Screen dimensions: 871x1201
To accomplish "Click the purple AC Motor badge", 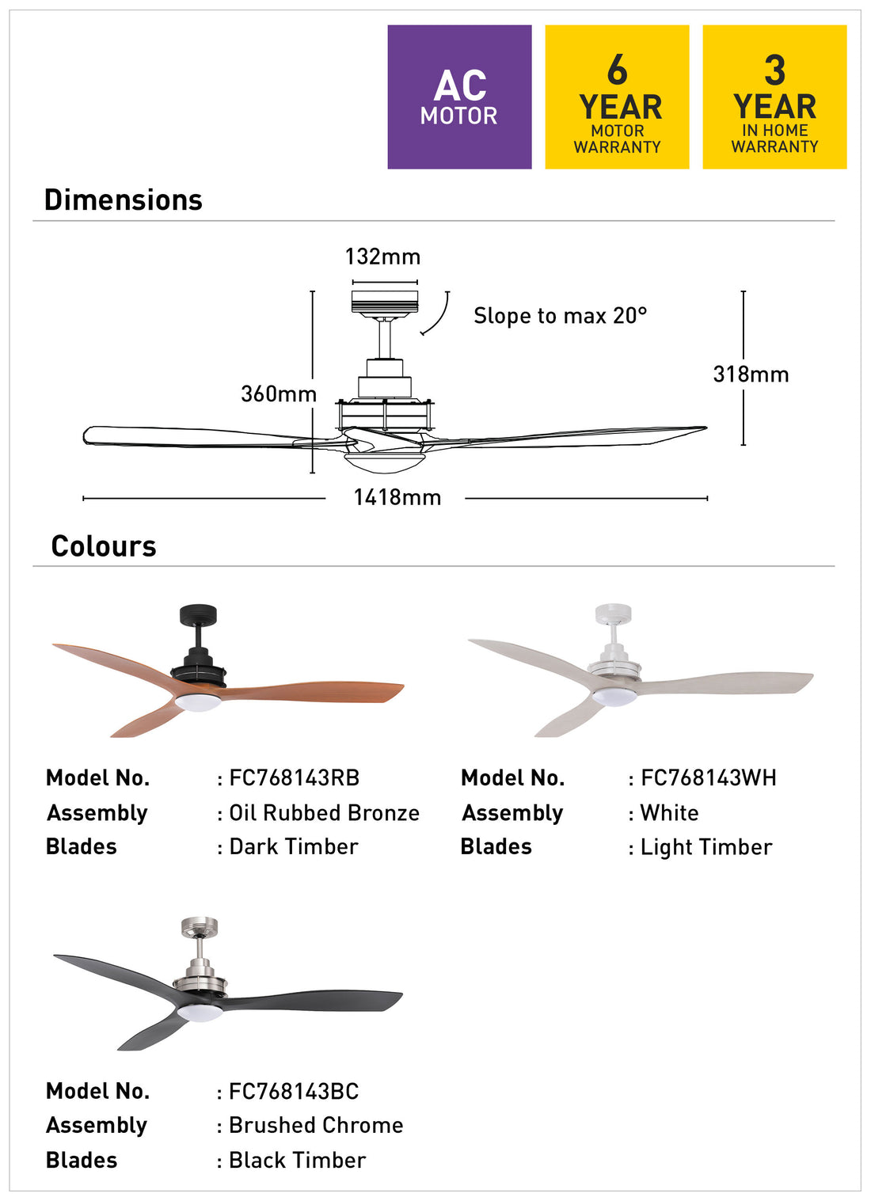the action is point(459,97).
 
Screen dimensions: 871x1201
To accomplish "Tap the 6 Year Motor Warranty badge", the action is point(618,97).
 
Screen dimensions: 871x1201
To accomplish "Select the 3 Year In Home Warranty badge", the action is point(775,97).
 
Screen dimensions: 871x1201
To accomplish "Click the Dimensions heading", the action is point(124,200).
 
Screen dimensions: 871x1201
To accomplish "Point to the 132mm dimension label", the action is point(383,257).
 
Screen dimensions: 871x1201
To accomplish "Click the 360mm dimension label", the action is point(279,394).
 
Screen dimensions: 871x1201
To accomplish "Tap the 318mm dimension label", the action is point(751,374).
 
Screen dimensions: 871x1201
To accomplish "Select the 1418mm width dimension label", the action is point(397,497).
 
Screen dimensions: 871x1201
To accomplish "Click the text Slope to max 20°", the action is point(561,316).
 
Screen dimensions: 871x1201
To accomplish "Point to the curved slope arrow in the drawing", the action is point(439,317).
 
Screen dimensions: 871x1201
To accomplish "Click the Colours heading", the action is point(104,546).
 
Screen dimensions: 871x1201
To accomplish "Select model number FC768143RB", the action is point(295,778).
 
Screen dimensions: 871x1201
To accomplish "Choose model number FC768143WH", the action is point(709,778).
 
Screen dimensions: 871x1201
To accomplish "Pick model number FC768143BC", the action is point(294,1092).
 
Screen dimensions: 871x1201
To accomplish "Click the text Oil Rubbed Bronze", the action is point(325,813).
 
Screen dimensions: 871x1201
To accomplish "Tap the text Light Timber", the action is point(706,848).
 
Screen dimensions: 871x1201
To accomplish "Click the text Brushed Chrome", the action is point(317,1126).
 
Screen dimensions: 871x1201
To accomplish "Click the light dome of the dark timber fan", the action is point(197,702).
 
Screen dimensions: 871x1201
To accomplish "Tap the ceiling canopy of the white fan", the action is point(613,614).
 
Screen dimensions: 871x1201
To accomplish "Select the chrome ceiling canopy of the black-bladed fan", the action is point(200,927).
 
